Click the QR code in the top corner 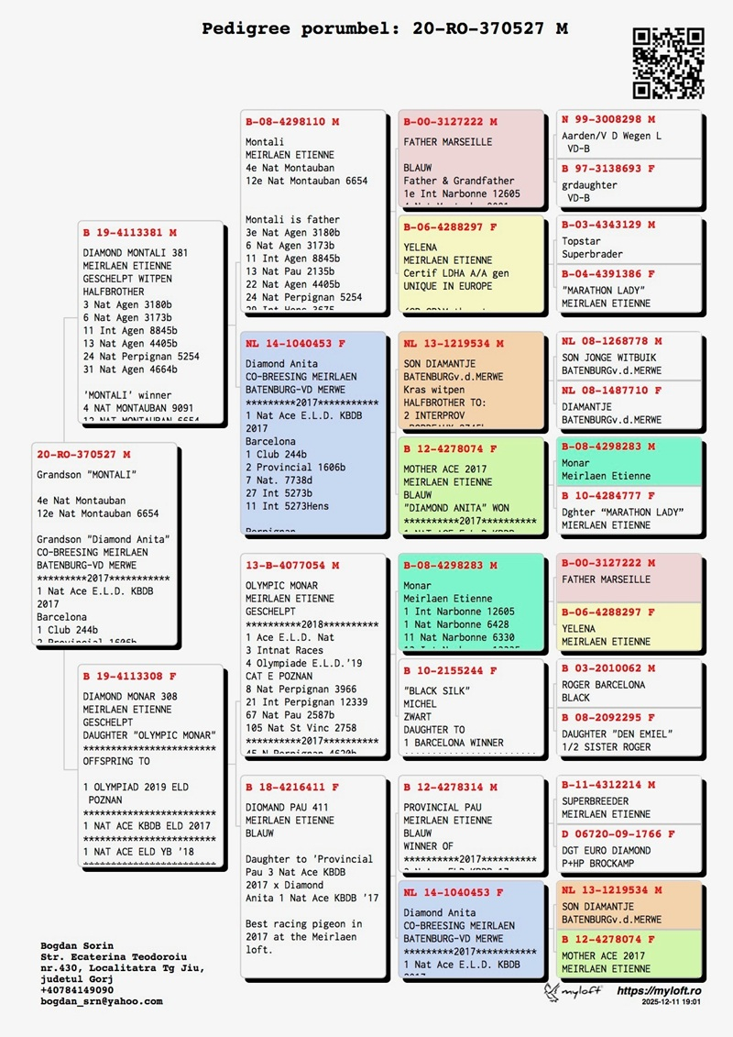click(x=668, y=62)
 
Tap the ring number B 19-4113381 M click(x=129, y=232)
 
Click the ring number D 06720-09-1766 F click(x=618, y=834)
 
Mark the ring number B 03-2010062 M click(x=608, y=668)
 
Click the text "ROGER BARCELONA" click(x=603, y=685)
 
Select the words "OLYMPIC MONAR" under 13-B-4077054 click(x=281, y=585)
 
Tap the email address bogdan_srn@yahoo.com click(x=102, y=1001)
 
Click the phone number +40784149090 click(x=77, y=990)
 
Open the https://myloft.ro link click(x=659, y=991)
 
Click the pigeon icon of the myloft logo click(x=552, y=992)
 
